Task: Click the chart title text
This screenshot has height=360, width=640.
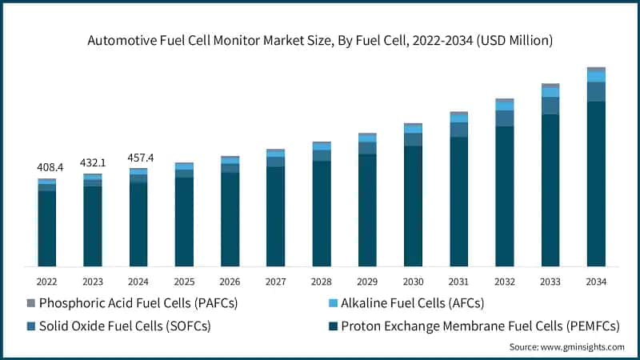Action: [320, 38]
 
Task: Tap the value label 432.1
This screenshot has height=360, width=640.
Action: [93, 162]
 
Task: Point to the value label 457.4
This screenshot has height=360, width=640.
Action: [139, 158]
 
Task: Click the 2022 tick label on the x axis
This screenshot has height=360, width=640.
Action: [47, 282]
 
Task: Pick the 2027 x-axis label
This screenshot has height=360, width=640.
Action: [276, 282]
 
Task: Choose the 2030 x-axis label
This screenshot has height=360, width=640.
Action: [413, 282]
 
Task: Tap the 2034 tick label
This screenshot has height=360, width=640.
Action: [596, 282]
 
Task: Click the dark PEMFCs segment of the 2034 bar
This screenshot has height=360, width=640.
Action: [596, 184]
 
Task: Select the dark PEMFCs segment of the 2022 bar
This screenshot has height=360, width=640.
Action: [47, 228]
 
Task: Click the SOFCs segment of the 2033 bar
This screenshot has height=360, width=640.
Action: [550, 106]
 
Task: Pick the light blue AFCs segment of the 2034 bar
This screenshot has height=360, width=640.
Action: [596, 77]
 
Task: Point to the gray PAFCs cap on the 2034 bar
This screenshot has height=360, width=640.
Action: [596, 70]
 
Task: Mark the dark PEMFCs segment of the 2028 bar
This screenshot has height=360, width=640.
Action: [322, 213]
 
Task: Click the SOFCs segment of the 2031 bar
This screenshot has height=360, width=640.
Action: [458, 130]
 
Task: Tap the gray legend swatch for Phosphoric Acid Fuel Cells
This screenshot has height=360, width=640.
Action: [31, 303]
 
